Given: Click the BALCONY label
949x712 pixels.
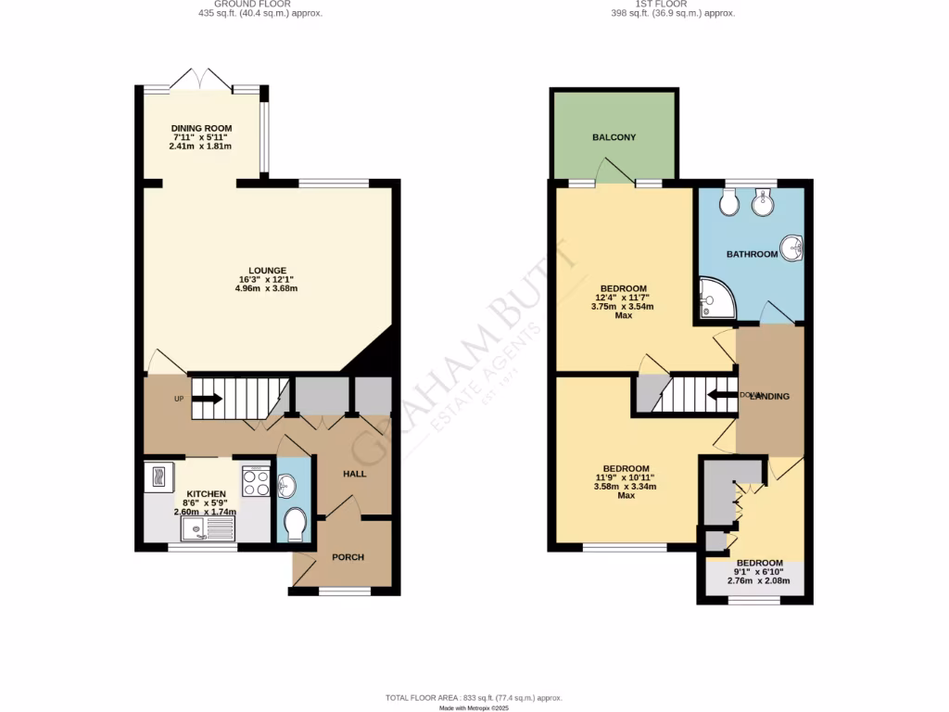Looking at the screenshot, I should coord(614,137).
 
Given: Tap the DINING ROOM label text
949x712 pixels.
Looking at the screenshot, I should coord(201,128).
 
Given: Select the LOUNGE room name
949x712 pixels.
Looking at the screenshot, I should coord(267,271).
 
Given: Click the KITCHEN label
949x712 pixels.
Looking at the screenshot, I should coord(206,494).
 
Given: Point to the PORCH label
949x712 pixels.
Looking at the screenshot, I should coord(348,557).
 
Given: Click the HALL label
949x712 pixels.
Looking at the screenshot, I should coord(354,474).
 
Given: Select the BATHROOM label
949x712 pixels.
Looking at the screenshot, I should coord(752,253).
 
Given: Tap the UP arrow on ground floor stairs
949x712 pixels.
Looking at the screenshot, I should coord(206,399).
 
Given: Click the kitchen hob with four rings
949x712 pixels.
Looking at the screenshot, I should coord(255,481).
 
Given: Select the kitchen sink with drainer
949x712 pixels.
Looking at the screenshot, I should coord(209,529).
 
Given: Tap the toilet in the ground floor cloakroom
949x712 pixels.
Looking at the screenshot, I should coord(295,524).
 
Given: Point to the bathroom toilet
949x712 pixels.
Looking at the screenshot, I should coord(728,202).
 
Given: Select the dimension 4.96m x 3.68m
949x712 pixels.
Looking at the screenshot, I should coord(266,288).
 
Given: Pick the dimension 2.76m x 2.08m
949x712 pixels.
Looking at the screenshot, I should coord(759,581).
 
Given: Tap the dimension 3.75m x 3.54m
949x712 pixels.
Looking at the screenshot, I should coord(623,306).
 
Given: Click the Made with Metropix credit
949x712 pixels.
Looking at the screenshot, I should coord(474,707).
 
